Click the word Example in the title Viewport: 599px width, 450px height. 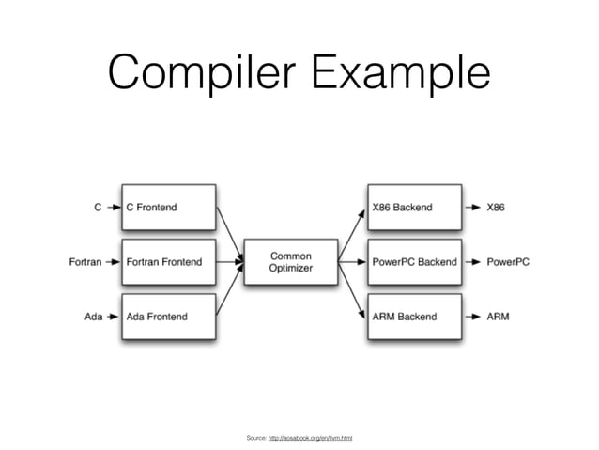(394, 72)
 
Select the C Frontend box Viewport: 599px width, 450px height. (167, 207)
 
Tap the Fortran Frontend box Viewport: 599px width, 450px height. (167, 262)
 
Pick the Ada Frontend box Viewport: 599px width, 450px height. (167, 317)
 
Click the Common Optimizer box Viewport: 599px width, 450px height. (290, 262)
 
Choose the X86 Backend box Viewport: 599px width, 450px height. (414, 207)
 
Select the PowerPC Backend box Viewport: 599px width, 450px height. (414, 262)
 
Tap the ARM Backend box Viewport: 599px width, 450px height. (414, 317)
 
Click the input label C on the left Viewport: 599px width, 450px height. (99, 207)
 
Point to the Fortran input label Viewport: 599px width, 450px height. (85, 262)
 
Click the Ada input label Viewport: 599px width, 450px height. (94, 317)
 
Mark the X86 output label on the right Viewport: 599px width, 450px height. (495, 207)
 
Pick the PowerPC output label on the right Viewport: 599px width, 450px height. (507, 262)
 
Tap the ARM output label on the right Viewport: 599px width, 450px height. (498, 317)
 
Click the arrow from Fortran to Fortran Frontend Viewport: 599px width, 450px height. (112, 262)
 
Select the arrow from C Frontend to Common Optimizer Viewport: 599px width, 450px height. (229, 231)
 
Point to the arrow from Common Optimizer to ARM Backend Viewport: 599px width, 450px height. (350, 292)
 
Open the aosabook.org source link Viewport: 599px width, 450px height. (310, 438)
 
